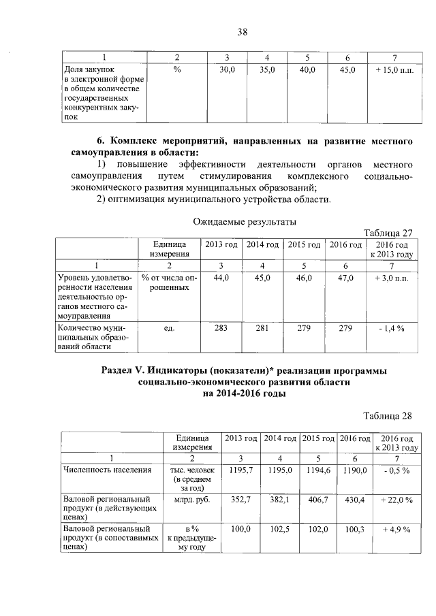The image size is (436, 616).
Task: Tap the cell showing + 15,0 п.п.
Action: [389, 69]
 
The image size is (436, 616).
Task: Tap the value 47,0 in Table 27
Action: [345, 278]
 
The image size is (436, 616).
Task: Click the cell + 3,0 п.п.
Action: [390, 278]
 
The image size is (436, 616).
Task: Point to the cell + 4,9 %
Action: [396, 528]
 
